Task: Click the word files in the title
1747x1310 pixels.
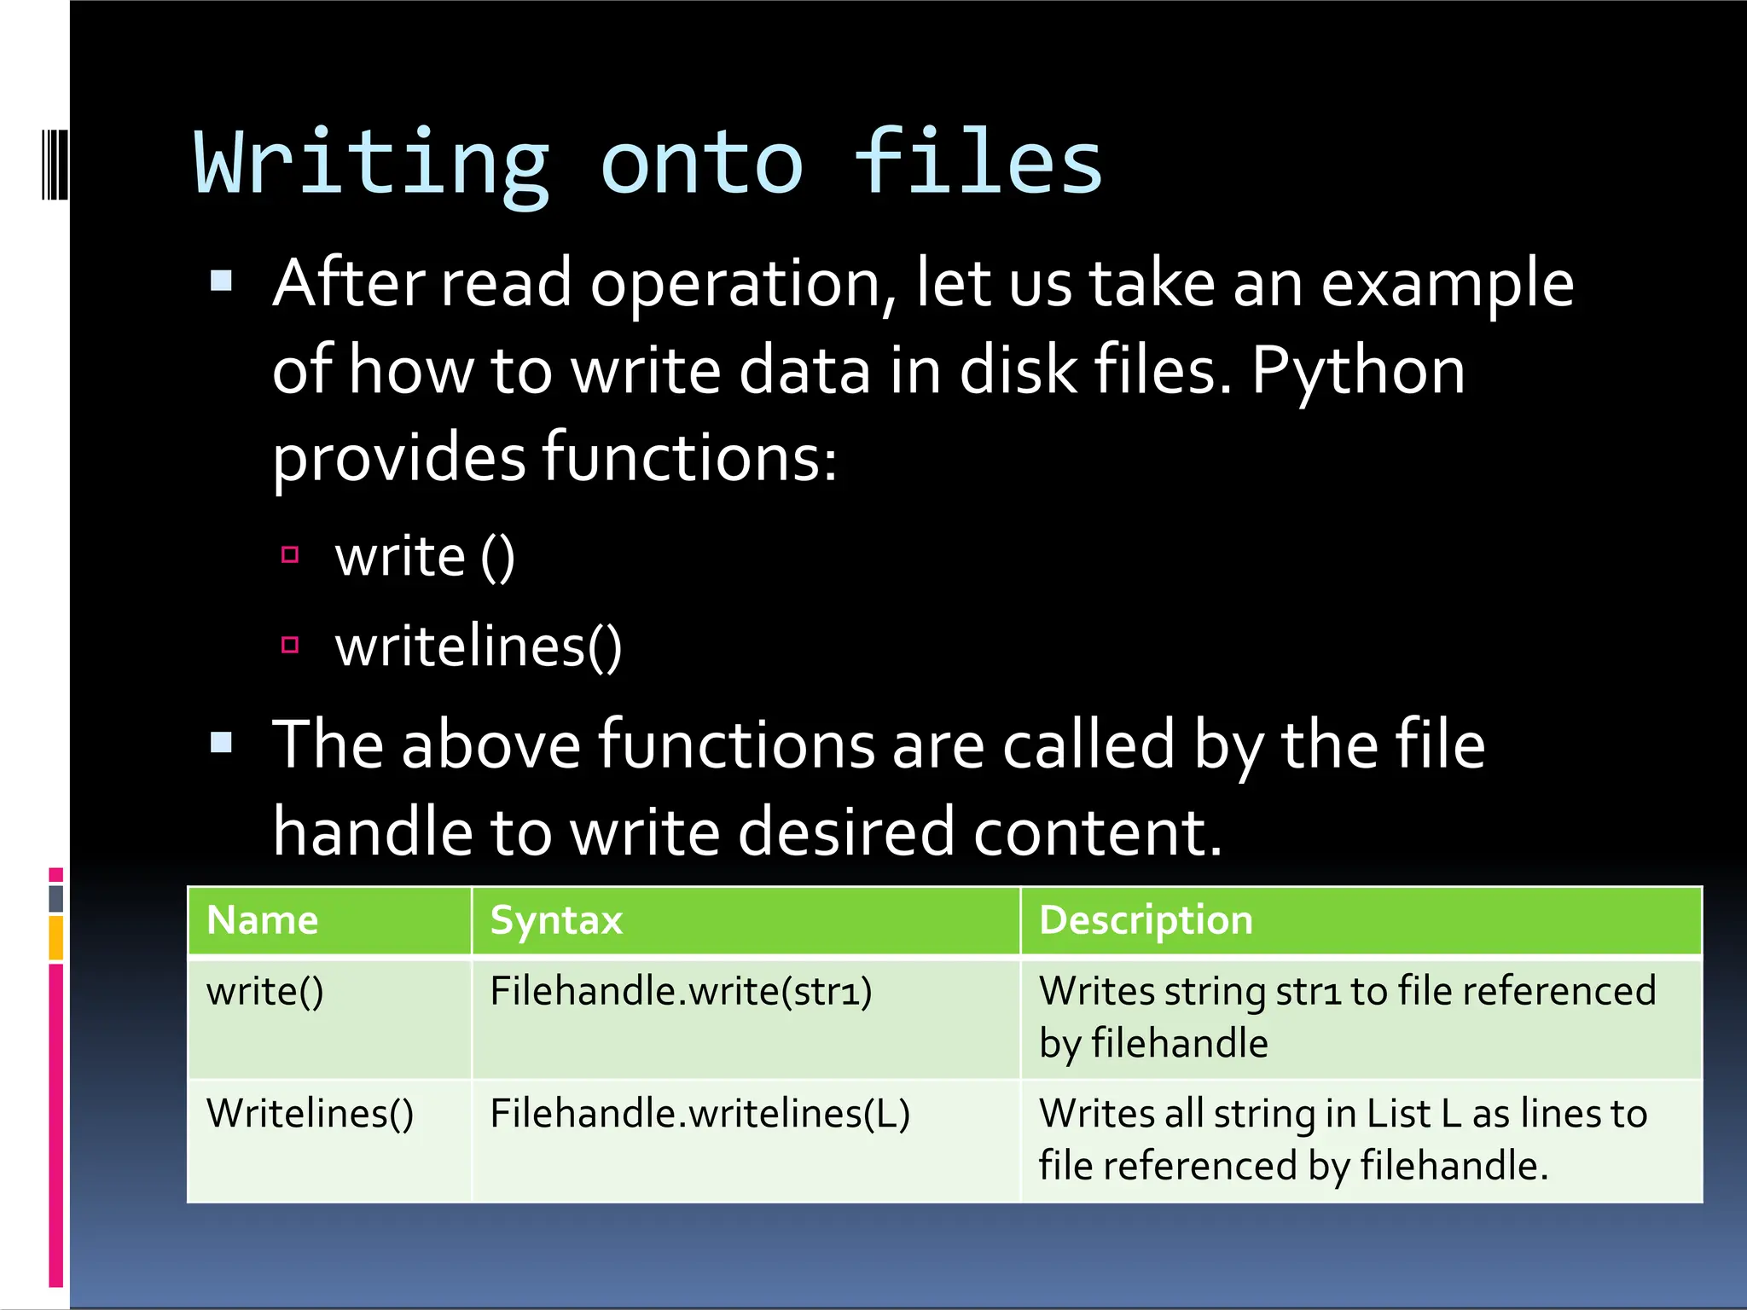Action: tap(978, 162)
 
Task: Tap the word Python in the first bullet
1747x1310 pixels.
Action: tap(1358, 372)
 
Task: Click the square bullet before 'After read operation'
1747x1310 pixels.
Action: tap(222, 281)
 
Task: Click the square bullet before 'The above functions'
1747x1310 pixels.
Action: tap(222, 743)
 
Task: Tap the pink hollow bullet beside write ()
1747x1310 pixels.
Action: tap(290, 556)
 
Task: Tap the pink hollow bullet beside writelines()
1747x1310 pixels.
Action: tap(290, 645)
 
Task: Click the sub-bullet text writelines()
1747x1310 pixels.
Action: tap(479, 646)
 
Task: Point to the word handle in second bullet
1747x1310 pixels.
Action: tap(373, 832)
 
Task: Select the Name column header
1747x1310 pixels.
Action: tap(263, 921)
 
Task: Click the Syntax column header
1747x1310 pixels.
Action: tap(557, 921)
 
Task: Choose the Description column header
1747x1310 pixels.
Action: tap(1146, 921)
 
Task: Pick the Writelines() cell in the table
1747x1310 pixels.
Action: tap(311, 1114)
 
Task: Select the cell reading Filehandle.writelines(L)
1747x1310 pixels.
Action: tap(699, 1114)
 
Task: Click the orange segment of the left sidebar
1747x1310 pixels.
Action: tap(56, 937)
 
